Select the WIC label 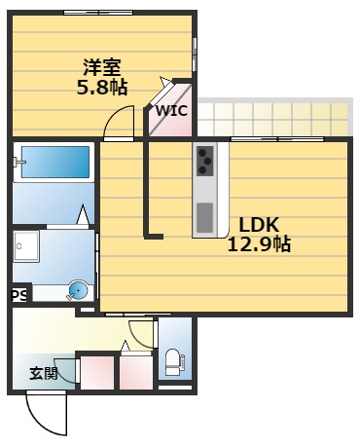[173, 112]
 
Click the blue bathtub [54, 161]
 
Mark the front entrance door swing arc [44, 415]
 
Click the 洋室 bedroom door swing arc [119, 122]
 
